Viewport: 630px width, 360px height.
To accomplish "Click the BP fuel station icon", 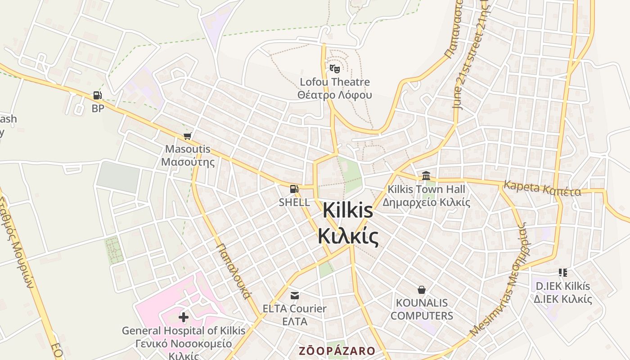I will [97, 95].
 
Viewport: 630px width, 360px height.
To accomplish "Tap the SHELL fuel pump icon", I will [294, 189].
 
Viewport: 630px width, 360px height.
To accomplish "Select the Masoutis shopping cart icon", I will [188, 136].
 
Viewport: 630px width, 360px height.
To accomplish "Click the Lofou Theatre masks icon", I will [334, 69].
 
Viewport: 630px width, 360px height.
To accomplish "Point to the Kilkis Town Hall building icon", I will [426, 176].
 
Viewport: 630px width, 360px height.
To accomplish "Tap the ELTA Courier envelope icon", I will [295, 296].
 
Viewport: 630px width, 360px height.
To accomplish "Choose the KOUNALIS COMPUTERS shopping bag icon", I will [422, 289].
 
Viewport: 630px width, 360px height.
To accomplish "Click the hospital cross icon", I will [184, 317].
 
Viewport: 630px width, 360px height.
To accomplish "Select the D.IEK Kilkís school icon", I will [562, 273].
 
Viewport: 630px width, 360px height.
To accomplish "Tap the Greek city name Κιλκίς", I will [348, 236].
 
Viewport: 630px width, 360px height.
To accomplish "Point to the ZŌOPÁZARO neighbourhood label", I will [337, 351].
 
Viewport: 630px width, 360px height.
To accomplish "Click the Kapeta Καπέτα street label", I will [542, 189].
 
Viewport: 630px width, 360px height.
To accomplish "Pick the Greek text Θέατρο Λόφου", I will [335, 95].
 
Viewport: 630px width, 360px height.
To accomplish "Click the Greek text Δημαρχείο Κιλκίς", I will [426, 202].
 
